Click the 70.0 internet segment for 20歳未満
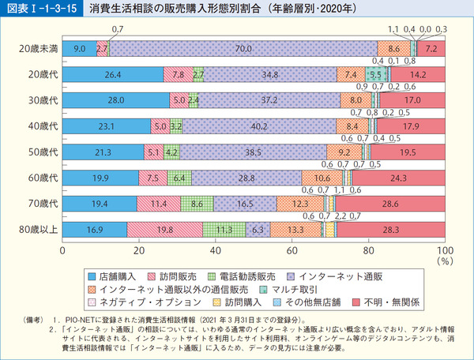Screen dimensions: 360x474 pyautogui.click(x=243, y=49)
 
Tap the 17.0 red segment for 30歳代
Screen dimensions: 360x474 pyautogui.click(x=412, y=101)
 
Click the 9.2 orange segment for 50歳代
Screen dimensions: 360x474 pyautogui.click(x=344, y=152)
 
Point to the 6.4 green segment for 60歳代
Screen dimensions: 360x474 pyautogui.click(x=179, y=178)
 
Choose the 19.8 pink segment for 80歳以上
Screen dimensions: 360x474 pyautogui.click(x=164, y=230)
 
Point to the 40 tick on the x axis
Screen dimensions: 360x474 pyautogui.click(x=215, y=250)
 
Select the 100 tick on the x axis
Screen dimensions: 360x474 pyautogui.click(x=444, y=250)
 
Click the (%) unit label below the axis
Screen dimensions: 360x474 pyautogui.click(x=444, y=260)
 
